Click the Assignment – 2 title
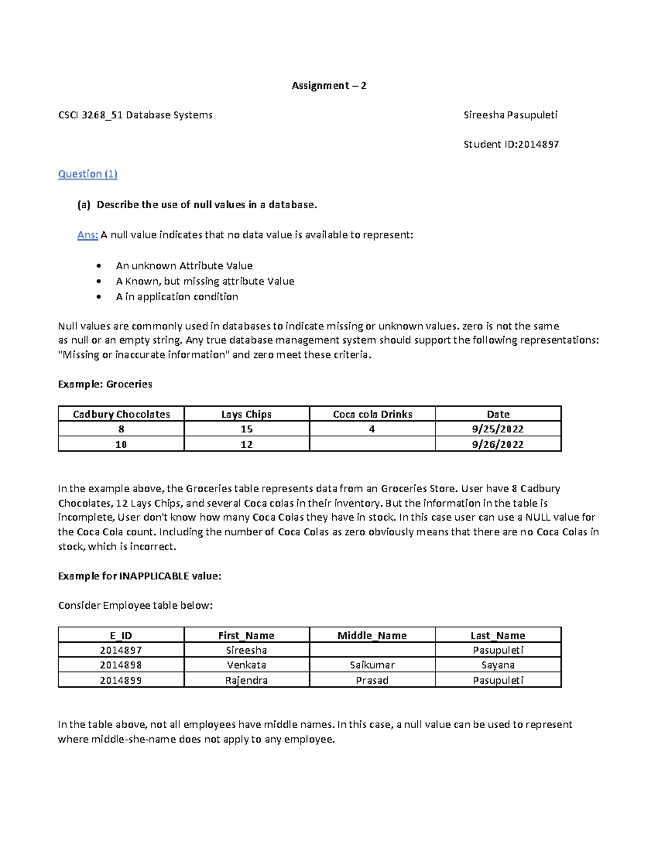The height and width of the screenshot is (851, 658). pyautogui.click(x=328, y=85)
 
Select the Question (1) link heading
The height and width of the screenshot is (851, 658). pyautogui.click(x=88, y=174)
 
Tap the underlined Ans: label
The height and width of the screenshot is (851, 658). pyautogui.click(x=87, y=235)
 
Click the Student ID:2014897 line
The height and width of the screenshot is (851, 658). pyautogui.click(x=511, y=145)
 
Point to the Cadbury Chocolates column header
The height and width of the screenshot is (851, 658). pyautogui.click(x=121, y=414)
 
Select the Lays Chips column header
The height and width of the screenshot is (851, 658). pyautogui.click(x=246, y=414)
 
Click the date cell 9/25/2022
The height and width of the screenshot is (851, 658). pyautogui.click(x=498, y=429)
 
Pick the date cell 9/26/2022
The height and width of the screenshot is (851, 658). pyautogui.click(x=498, y=444)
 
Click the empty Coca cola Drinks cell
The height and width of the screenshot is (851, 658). pyautogui.click(x=372, y=444)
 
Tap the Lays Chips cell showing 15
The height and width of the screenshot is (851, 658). pyautogui.click(x=246, y=429)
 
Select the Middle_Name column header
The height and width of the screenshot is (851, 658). pyautogui.click(x=372, y=636)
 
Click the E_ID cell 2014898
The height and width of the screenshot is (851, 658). pyautogui.click(x=121, y=665)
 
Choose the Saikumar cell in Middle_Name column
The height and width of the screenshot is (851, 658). pyautogui.click(x=372, y=665)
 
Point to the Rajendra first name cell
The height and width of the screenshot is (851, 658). pyautogui.click(x=246, y=681)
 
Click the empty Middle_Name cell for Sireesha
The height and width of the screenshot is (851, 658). pyautogui.click(x=372, y=650)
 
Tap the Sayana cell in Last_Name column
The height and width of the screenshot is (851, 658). pyautogui.click(x=498, y=665)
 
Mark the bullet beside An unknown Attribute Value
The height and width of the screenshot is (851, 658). pyautogui.click(x=99, y=266)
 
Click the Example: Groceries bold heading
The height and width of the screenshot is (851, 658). pyautogui.click(x=105, y=385)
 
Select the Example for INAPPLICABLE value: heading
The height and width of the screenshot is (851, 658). pyautogui.click(x=139, y=576)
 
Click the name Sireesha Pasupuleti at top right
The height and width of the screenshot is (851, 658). pyautogui.click(x=510, y=115)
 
